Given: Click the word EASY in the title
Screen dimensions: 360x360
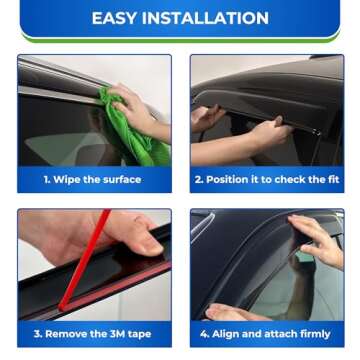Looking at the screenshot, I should point(116,18).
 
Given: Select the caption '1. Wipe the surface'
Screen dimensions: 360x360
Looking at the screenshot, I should point(93,180).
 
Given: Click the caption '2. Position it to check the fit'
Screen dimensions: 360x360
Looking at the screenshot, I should point(266,180).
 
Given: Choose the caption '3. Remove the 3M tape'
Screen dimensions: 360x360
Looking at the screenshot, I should point(93,334).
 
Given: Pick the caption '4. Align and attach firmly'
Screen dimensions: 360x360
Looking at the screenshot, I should point(266,334).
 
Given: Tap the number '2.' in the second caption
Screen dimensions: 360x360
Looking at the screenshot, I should point(199,180).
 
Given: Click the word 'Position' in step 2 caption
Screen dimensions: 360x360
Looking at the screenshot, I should point(227,180).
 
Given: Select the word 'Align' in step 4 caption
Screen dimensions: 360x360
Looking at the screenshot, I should point(227,334).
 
